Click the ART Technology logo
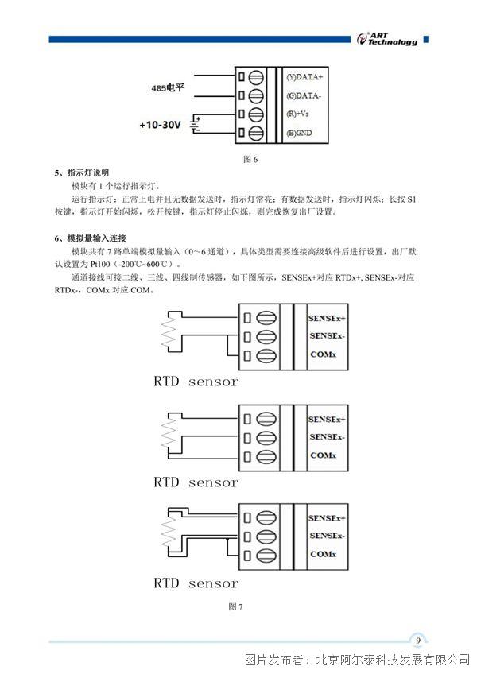(x=387, y=39)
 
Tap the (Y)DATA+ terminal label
(x=304, y=77)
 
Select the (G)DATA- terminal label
(x=304, y=95)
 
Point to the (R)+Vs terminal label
(x=297, y=114)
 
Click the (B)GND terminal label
(x=300, y=133)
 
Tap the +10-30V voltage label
(x=160, y=125)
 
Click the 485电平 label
(x=168, y=87)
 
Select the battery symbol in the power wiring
(x=196, y=125)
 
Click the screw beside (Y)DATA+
(x=256, y=77)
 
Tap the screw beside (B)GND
(x=256, y=133)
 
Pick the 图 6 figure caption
(x=250, y=160)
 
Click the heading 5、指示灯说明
(x=82, y=172)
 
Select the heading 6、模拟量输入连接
(x=91, y=238)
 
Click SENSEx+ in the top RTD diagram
(x=327, y=319)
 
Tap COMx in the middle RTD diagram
(x=323, y=455)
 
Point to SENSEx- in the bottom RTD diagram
(x=327, y=536)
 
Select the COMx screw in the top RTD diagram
(x=266, y=356)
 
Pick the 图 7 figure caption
(x=235, y=606)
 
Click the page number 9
(x=418, y=641)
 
